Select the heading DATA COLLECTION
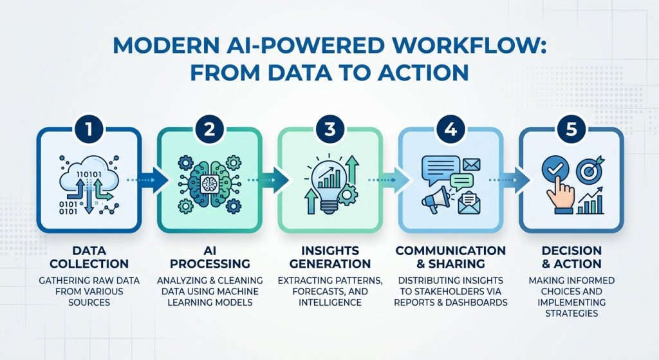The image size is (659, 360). pyautogui.click(x=89, y=256)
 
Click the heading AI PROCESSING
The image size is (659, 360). pyautogui.click(x=209, y=256)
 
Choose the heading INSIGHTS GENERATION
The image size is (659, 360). pyautogui.click(x=329, y=256)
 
